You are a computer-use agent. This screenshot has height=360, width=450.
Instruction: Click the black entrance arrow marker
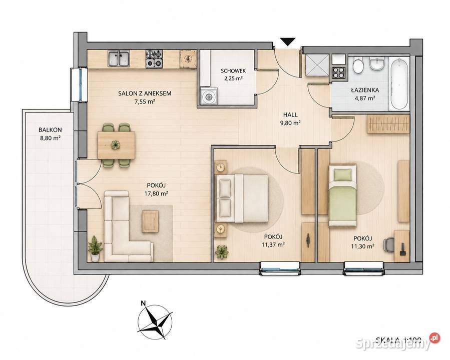tap(287, 42)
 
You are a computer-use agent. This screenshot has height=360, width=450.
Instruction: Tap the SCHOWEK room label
tap(233, 71)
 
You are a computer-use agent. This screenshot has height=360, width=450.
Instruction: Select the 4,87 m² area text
tap(365, 98)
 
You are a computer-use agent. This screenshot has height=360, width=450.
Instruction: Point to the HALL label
tap(290, 114)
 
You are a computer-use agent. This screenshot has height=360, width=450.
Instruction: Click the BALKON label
tap(50, 130)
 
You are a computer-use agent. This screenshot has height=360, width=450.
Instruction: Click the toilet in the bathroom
tap(358, 66)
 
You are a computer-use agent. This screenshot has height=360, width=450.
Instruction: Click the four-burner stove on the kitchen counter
tap(154, 59)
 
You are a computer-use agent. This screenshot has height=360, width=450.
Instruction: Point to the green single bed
tap(342, 195)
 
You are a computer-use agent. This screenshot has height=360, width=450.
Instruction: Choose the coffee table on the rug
tap(150, 221)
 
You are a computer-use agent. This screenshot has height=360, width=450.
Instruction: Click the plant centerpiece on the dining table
tap(116, 144)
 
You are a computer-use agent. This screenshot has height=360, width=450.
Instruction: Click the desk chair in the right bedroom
tap(389, 244)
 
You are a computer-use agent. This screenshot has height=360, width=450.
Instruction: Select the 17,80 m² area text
tap(156, 193)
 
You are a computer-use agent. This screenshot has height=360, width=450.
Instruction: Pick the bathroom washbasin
tap(377, 63)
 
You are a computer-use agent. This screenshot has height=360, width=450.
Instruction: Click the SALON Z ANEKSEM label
tap(145, 93)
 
